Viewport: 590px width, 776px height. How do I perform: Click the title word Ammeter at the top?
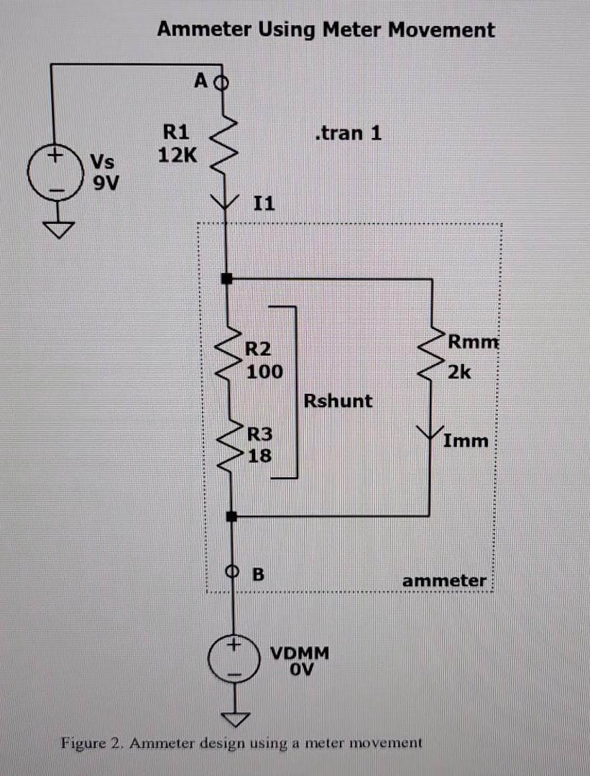(x=204, y=30)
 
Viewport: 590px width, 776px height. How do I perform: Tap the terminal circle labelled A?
(x=222, y=81)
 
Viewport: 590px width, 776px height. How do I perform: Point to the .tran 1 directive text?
(x=348, y=133)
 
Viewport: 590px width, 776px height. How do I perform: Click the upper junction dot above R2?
(x=226, y=277)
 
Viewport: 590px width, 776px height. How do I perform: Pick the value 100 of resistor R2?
(x=264, y=372)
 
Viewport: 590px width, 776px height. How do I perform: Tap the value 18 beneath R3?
(x=259, y=456)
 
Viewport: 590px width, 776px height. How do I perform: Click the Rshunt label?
(x=338, y=400)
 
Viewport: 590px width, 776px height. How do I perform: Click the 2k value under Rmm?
(x=458, y=372)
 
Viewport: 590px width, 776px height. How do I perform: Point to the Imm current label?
(x=465, y=440)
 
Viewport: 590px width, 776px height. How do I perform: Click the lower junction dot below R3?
(x=231, y=516)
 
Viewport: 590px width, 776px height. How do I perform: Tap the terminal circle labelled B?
(x=231, y=573)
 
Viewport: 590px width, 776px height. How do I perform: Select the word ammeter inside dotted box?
(x=443, y=581)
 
